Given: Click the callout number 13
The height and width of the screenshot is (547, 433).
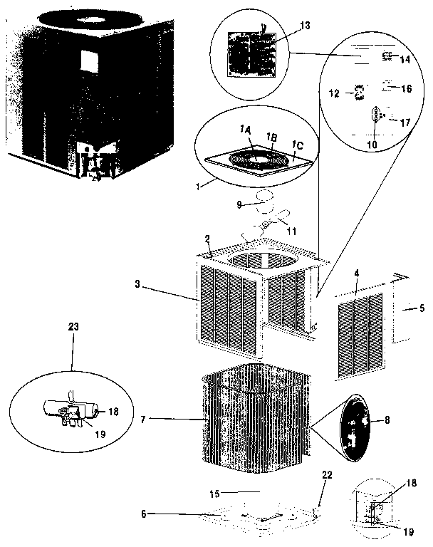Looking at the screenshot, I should (306, 25).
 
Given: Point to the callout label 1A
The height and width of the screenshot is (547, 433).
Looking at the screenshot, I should (246, 129).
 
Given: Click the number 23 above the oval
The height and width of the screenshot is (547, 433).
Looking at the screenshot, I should (73, 326).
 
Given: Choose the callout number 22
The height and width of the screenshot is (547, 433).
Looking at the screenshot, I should (328, 476).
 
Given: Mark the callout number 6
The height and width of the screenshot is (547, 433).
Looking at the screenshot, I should (145, 514).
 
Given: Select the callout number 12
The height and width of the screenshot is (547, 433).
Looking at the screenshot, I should (333, 93).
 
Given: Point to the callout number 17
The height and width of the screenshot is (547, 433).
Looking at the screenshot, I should (405, 123).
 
